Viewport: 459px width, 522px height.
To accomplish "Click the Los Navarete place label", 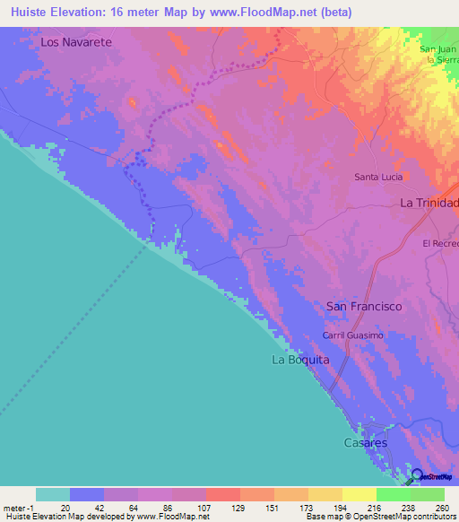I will pos(75,42).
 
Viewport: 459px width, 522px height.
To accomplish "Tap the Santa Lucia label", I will pos(377,177).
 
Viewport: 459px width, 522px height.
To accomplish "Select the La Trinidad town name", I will pos(429,204).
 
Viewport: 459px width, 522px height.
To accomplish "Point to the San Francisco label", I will pos(364,307).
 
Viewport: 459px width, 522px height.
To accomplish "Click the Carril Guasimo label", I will pos(353,335).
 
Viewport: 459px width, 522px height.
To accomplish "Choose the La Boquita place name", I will pos(300,360).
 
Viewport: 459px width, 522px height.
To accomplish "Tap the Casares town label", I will pos(366,443).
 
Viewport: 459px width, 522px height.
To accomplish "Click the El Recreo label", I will pos(440,243).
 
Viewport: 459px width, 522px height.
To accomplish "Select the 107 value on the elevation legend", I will pos(189,507).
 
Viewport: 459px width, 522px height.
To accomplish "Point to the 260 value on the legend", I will pos(442,507).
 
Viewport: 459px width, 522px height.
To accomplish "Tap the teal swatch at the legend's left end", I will pos(52,494).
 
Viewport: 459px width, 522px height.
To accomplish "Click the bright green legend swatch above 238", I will pos(393,494).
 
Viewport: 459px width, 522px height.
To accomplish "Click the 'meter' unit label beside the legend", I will pos(14,507).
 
